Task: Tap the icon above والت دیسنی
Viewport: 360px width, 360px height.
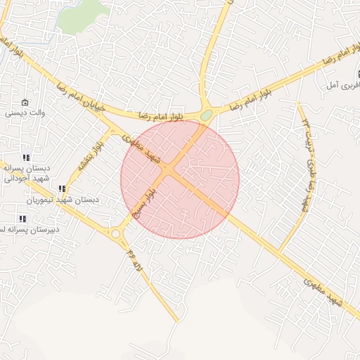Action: (26, 103)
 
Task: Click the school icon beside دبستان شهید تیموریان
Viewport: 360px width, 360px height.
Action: (62, 188)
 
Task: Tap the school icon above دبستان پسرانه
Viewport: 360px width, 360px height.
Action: (26, 157)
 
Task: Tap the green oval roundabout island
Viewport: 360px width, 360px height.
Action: (206, 115)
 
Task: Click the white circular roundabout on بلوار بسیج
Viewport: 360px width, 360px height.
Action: (115, 234)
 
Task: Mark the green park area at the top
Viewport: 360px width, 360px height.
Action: (82, 18)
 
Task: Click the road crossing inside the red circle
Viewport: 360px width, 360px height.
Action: (169, 170)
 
